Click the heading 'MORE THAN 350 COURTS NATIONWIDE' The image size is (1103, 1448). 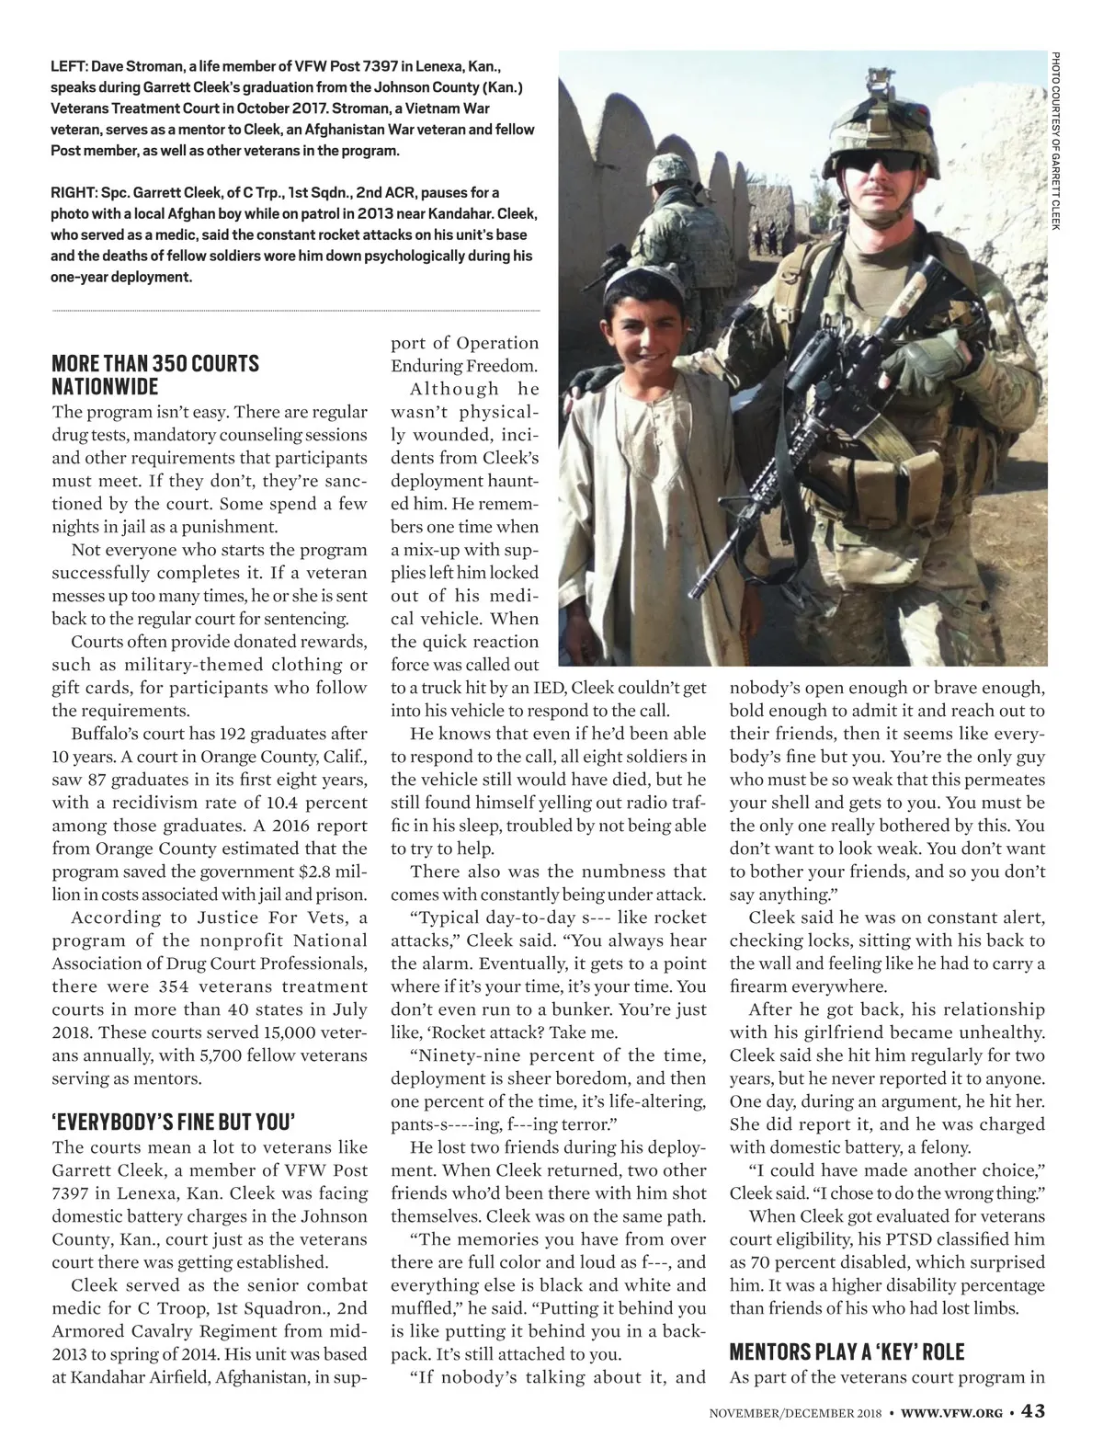[x=155, y=374]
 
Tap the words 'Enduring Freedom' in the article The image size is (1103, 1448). [x=464, y=366]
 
